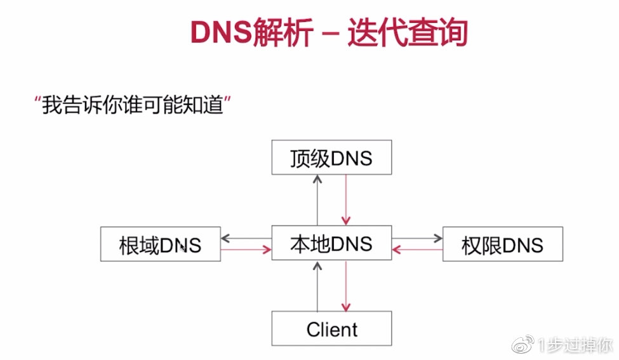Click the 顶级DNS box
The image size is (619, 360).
pos(331,157)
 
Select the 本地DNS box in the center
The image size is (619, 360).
pos(331,243)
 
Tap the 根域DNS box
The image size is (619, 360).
pos(161,244)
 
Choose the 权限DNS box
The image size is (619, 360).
pos(502,244)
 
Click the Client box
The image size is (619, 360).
pos(331,329)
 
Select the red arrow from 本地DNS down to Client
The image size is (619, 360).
pos(346,286)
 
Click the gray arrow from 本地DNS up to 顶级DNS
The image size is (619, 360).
pos(317,200)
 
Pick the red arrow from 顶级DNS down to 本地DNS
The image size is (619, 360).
pos(346,200)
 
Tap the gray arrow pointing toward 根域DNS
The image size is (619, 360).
pos(246,238)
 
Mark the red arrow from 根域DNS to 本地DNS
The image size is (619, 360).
pos(246,250)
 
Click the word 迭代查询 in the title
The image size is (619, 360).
pos(407,34)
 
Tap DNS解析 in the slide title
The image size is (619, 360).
pos(251,34)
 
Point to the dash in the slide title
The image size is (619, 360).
pos(330,35)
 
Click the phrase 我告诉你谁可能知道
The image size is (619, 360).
pos(133,105)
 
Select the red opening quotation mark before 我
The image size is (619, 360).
pos(38,100)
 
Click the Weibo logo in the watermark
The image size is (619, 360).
pos(524,345)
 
